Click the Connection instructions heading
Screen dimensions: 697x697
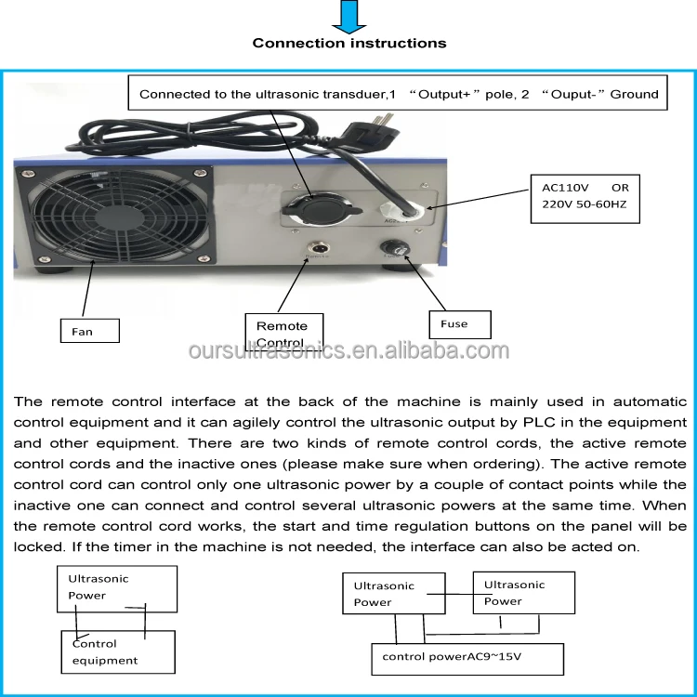pos(348,43)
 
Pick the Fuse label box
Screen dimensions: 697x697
pos(460,324)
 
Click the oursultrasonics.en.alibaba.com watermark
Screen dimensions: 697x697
pos(348,351)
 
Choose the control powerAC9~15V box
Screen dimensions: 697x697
pos(467,659)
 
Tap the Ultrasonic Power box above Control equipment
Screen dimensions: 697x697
pos(115,587)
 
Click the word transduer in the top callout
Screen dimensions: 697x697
pos(343,94)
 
